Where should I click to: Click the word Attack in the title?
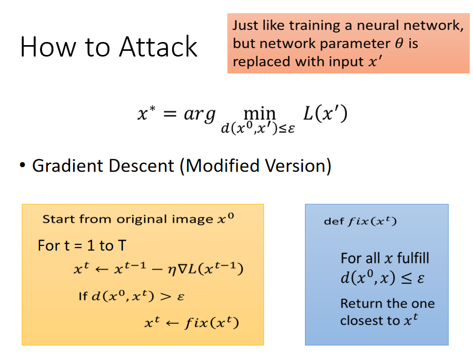(x=158, y=47)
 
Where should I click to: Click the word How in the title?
(x=48, y=47)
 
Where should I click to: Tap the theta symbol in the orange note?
(x=399, y=43)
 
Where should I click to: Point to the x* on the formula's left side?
(x=147, y=113)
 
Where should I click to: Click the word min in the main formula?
(x=259, y=114)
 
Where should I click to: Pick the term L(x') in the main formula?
(x=325, y=114)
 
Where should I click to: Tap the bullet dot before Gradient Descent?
(x=22, y=165)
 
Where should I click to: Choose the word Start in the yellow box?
(x=58, y=219)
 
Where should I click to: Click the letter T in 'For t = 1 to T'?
(x=122, y=245)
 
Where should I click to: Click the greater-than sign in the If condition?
(x=165, y=296)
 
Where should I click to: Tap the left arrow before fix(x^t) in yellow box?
(x=172, y=323)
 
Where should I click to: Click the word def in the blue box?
(x=333, y=221)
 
